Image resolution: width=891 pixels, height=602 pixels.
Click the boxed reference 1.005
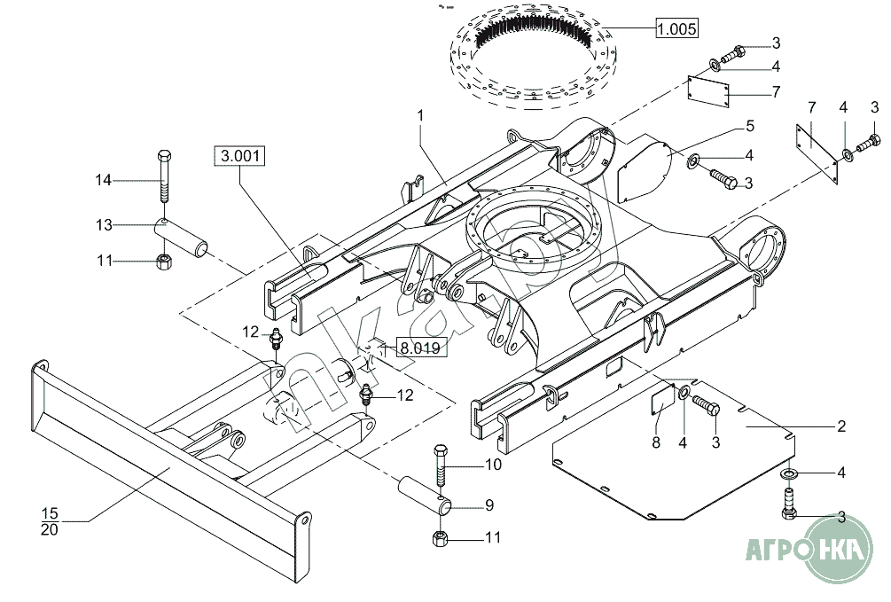click(676, 29)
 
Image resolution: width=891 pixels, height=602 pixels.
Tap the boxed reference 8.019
click(418, 348)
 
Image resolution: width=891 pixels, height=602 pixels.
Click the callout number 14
click(105, 181)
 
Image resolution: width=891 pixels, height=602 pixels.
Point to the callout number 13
click(105, 225)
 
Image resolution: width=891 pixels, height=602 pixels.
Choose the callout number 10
click(493, 464)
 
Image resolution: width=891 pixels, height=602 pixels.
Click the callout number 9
click(488, 506)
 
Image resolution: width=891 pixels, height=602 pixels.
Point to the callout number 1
click(420, 115)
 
